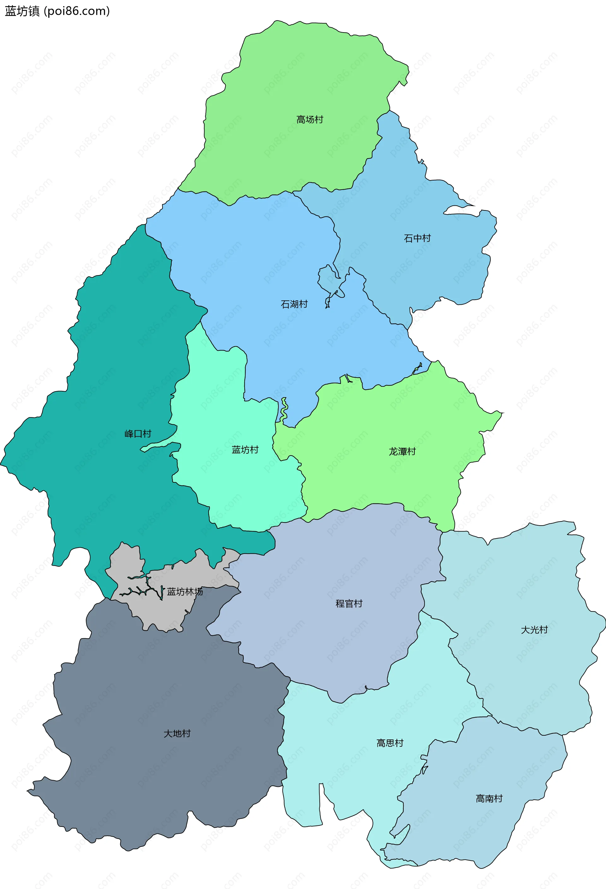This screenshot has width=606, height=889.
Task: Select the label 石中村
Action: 417,238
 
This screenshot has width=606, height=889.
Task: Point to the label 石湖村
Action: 294,304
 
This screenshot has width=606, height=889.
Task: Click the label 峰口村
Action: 138,433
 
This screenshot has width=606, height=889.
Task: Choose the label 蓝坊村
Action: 245,450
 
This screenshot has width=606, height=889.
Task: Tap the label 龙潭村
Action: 402,451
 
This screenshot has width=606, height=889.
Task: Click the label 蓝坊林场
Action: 185,592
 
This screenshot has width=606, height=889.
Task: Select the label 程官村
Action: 349,603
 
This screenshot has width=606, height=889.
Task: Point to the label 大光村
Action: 534,630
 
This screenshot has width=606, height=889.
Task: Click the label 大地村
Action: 177,733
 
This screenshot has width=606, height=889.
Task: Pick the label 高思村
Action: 390,743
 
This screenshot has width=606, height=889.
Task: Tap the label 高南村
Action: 489,798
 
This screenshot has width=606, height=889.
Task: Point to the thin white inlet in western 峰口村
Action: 161,446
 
